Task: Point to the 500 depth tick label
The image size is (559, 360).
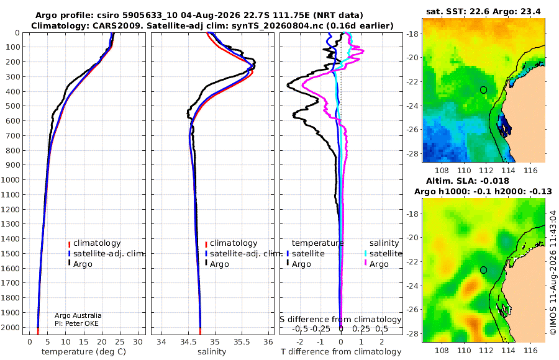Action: pyautogui.click(x=12, y=106)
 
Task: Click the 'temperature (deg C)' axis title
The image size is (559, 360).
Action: pyautogui.click(x=84, y=351)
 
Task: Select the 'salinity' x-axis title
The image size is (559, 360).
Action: pyautogui.click(x=212, y=351)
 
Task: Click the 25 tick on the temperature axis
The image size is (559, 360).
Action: pyautogui.click(x=120, y=341)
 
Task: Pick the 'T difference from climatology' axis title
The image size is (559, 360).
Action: pyautogui.click(x=341, y=351)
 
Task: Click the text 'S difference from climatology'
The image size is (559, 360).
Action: pyautogui.click(x=340, y=319)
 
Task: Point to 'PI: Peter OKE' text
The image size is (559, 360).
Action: pyautogui.click(x=76, y=323)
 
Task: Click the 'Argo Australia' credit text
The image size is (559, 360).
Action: pyautogui.click(x=78, y=315)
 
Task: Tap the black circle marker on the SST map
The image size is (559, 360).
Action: pyautogui.click(x=483, y=90)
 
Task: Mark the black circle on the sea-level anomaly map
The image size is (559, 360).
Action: pyautogui.click(x=483, y=270)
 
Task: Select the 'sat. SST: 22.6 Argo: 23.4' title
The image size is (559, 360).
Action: pyautogui.click(x=483, y=11)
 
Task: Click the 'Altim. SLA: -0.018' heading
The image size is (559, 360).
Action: pyautogui.click(x=467, y=181)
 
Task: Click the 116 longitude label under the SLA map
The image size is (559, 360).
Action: pyautogui.click(x=530, y=350)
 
